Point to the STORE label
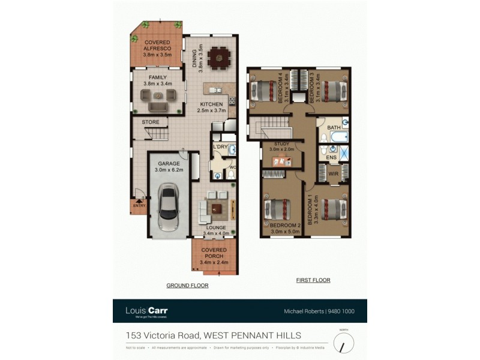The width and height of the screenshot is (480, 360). pyautogui.click(x=151, y=122)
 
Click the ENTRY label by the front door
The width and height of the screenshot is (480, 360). pyautogui.click(x=139, y=205)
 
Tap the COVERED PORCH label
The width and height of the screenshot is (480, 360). pyautogui.click(x=213, y=252)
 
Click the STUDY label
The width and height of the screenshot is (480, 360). pyautogui.click(x=282, y=144)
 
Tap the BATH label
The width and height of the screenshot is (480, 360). pyautogui.click(x=334, y=128)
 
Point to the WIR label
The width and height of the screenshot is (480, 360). pyautogui.click(x=334, y=174)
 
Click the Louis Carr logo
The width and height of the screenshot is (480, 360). pyautogui.click(x=146, y=311)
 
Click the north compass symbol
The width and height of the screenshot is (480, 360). pyautogui.click(x=344, y=343)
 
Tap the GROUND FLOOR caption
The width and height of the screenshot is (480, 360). pyautogui.click(x=187, y=286)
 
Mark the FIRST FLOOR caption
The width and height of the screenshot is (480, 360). pyautogui.click(x=313, y=280)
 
